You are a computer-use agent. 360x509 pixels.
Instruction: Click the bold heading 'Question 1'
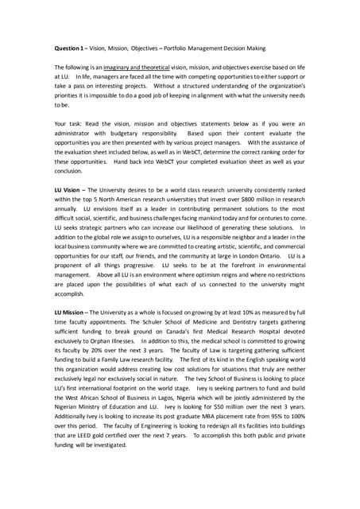(71, 47)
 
